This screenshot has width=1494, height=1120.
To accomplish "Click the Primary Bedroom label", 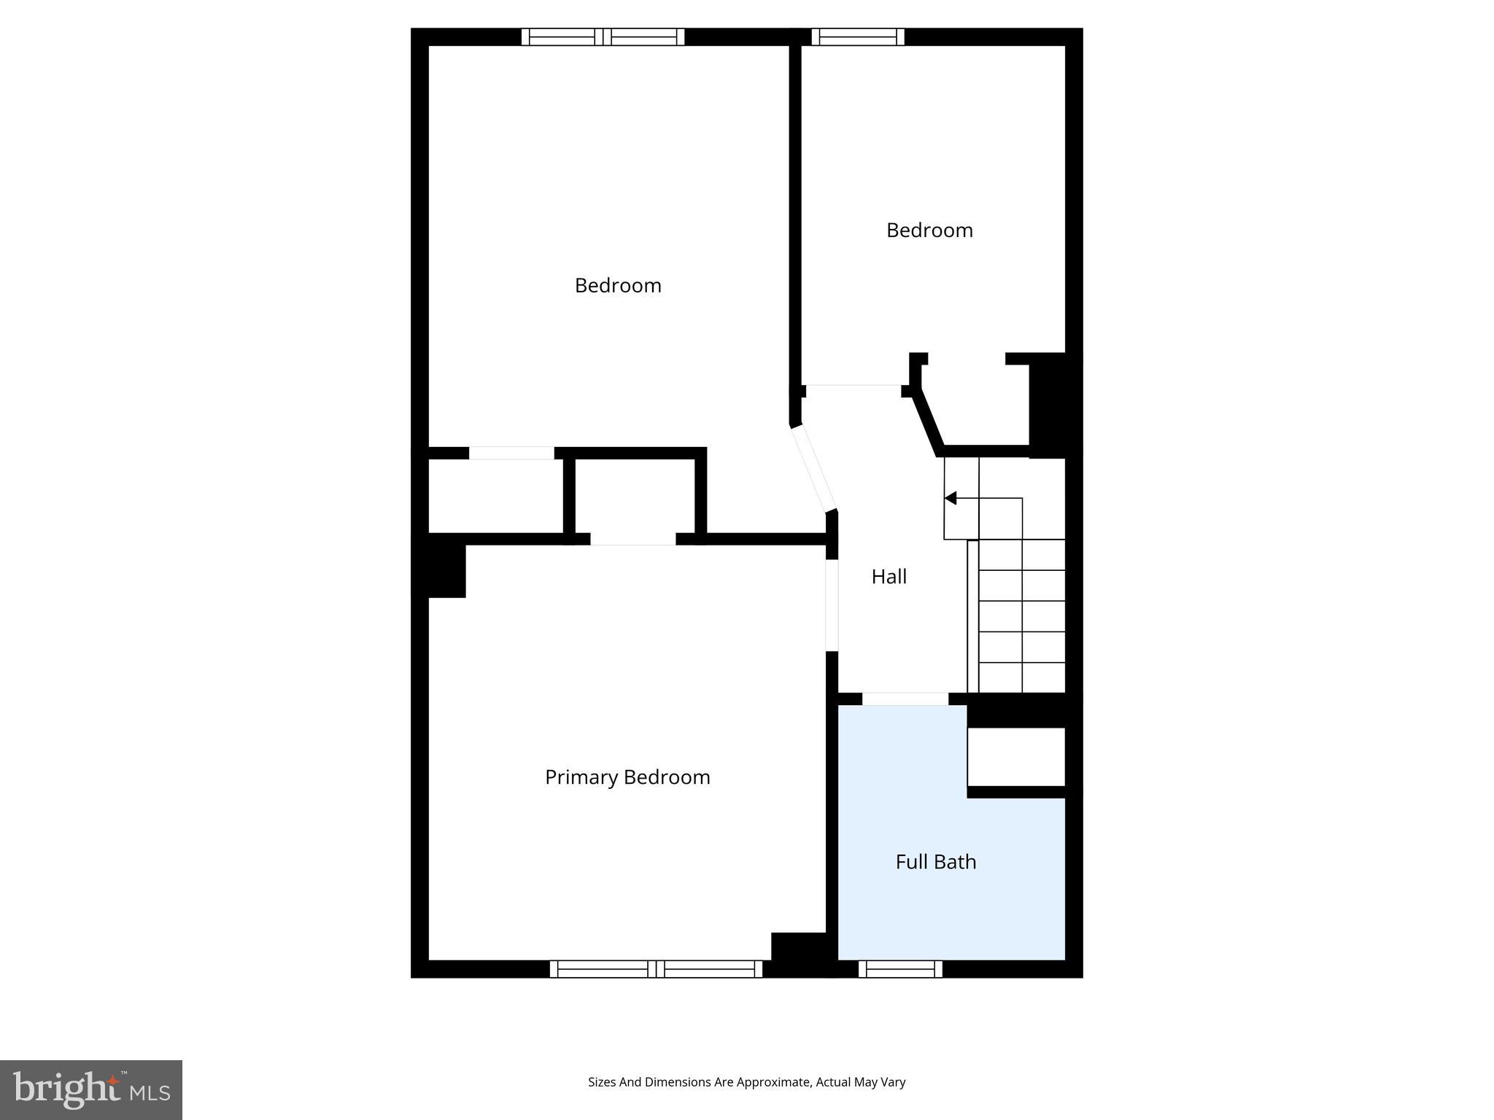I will pos(627,777).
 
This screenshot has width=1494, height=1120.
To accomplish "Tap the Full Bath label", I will pos(935,862).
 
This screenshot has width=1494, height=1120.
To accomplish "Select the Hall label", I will pos(889,577).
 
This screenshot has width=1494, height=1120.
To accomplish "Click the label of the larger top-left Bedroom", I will pos(618,285).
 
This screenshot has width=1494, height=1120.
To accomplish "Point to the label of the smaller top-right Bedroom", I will pos(929,230).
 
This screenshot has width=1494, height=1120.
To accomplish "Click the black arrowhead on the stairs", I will pos(951,498).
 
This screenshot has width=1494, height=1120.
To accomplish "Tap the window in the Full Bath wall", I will pos(900,969).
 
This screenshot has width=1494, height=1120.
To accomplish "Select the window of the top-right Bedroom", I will pos(858,36).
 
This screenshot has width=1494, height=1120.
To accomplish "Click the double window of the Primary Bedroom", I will pos(656,969).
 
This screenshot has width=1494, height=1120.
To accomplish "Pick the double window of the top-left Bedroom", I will pos(603,36).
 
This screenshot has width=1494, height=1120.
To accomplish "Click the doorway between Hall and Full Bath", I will pos(905,699).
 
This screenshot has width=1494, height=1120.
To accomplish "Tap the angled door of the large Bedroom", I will pos(814,468).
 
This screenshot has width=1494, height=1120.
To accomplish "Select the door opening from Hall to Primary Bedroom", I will pos(832,604).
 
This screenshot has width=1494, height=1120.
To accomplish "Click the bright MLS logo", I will pos(91,1089).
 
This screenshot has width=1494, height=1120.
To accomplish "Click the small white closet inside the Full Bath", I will pos(1016,756).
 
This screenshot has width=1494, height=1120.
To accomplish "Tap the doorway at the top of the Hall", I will pos(854,391).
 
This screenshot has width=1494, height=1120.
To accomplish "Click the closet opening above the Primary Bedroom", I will pos(632,539).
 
